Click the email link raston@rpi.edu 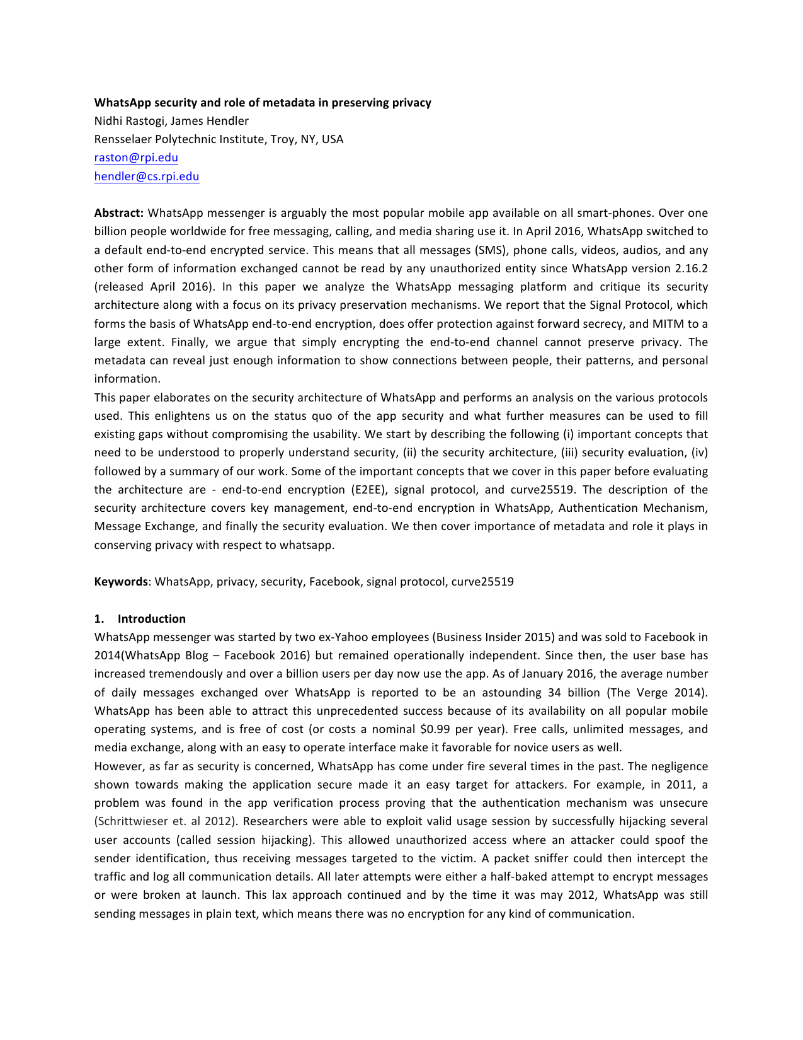136,158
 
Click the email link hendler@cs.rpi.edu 147,176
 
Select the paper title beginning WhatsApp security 263,103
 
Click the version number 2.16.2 691,269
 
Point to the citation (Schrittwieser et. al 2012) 166,822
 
